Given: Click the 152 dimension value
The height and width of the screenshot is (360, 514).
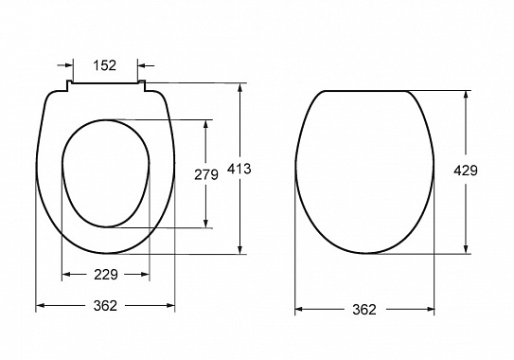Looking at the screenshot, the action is tap(104, 65).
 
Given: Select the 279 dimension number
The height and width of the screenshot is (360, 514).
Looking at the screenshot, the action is tap(205, 174).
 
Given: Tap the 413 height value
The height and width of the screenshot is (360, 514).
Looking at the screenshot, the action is tap(239, 169).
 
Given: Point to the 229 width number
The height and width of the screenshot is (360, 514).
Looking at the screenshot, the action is tap(106, 275).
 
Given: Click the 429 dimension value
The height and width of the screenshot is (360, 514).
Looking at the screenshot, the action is tap(466, 171).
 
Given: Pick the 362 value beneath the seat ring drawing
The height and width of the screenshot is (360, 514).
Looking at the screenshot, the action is tap(105, 306).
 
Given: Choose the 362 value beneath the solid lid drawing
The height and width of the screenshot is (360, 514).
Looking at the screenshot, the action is tap(364, 309).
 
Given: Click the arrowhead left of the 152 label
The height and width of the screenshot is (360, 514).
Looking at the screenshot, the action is tap(69, 65).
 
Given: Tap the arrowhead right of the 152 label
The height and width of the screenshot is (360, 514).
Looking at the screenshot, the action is tap(141, 65).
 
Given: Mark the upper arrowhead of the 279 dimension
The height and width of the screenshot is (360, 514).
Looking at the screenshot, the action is tap(205, 124).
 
